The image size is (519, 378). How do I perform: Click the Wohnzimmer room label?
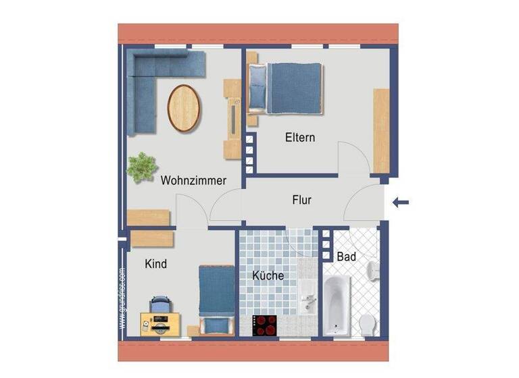193,180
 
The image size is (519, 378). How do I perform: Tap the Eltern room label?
300,138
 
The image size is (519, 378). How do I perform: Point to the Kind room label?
155,264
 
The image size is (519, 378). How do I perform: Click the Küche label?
268,276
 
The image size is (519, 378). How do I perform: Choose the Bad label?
346,257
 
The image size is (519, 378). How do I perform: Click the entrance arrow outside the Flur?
401,200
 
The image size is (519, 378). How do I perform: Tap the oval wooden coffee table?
184,107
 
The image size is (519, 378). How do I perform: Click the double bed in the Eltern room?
287,87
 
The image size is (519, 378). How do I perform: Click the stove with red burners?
264,325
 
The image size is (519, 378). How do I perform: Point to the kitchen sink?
307,297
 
